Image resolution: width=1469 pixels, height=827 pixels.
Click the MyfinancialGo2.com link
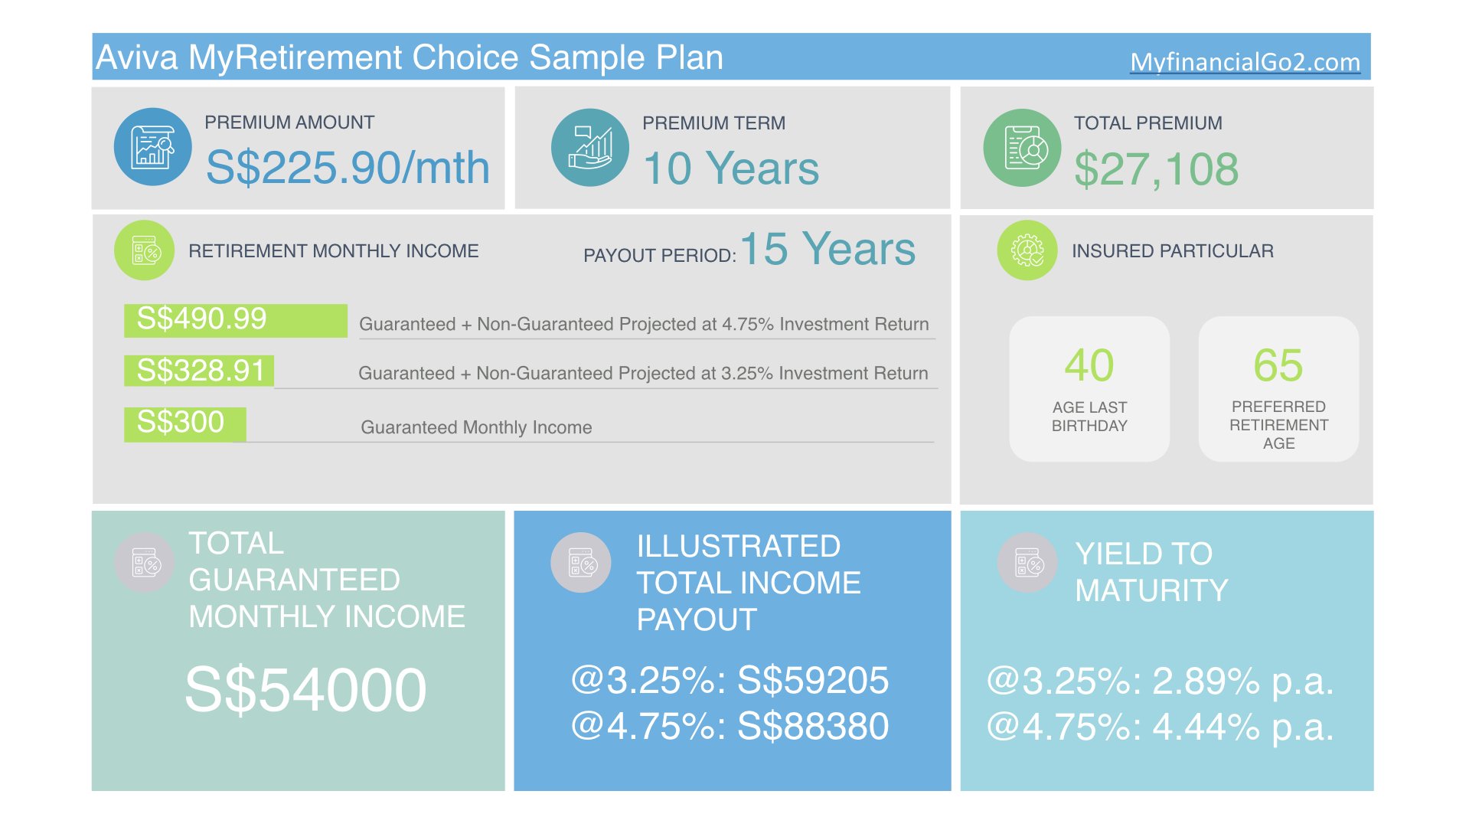click(x=1245, y=62)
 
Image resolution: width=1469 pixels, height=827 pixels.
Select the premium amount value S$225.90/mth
click(x=348, y=168)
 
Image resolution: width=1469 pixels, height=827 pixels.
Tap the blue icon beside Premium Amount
click(x=153, y=147)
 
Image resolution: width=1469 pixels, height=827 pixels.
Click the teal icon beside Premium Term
click(x=590, y=147)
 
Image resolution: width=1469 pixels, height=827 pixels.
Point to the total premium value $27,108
click(x=1156, y=169)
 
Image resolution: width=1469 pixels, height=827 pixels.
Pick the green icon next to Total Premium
click(x=1022, y=148)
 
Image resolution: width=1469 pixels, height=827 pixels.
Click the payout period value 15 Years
click(x=828, y=249)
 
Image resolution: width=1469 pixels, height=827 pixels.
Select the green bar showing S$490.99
click(x=236, y=320)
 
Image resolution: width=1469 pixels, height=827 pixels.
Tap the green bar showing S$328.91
click(x=199, y=371)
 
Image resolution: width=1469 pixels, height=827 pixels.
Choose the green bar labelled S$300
click(x=185, y=424)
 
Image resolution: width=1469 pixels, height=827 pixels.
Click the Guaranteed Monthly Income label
click(x=476, y=427)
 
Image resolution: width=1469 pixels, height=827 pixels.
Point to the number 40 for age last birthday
click(x=1089, y=365)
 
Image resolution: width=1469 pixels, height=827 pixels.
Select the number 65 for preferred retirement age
click(x=1278, y=365)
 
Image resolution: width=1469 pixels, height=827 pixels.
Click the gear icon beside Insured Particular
click(x=1027, y=250)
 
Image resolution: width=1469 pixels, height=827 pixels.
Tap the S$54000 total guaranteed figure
click(x=305, y=690)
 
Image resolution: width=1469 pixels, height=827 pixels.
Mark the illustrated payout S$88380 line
click(x=730, y=726)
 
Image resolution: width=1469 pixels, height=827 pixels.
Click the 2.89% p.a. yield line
click(x=1161, y=681)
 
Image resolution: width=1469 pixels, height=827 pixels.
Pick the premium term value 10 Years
click(x=731, y=168)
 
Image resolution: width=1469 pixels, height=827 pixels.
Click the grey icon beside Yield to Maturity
click(x=1027, y=563)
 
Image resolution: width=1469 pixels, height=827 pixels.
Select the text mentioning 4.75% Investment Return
click(x=644, y=324)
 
